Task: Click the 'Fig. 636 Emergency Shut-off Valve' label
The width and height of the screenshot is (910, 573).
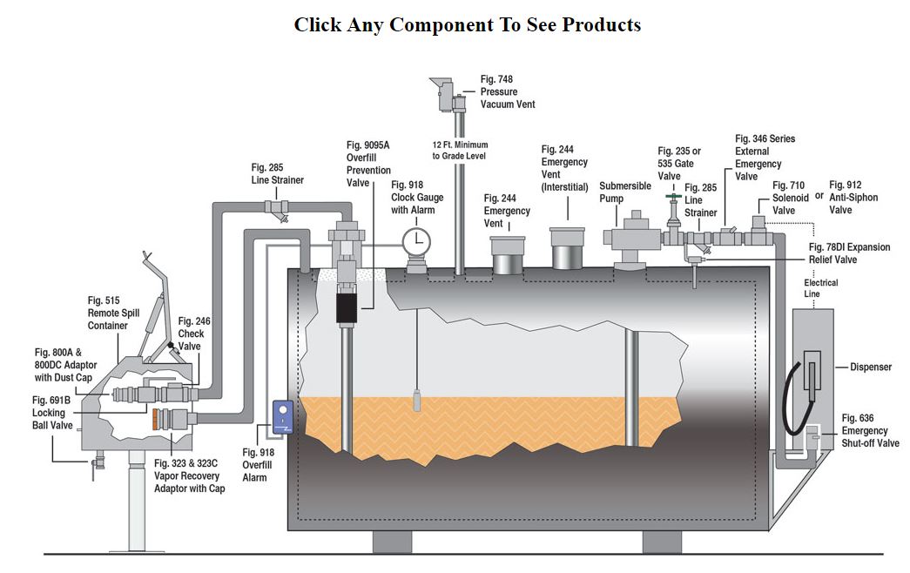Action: pyautogui.click(x=865, y=431)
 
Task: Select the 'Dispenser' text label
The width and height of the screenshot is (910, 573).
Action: pyautogui.click(x=871, y=367)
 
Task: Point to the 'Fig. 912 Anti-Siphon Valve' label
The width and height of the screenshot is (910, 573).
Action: pyautogui.click(x=853, y=197)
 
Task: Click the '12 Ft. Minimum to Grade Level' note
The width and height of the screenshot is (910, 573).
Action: pyautogui.click(x=460, y=150)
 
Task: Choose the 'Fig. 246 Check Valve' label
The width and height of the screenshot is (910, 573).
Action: pyautogui.click(x=194, y=333)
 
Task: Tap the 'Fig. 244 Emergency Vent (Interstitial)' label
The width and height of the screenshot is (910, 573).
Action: pyautogui.click(x=564, y=168)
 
